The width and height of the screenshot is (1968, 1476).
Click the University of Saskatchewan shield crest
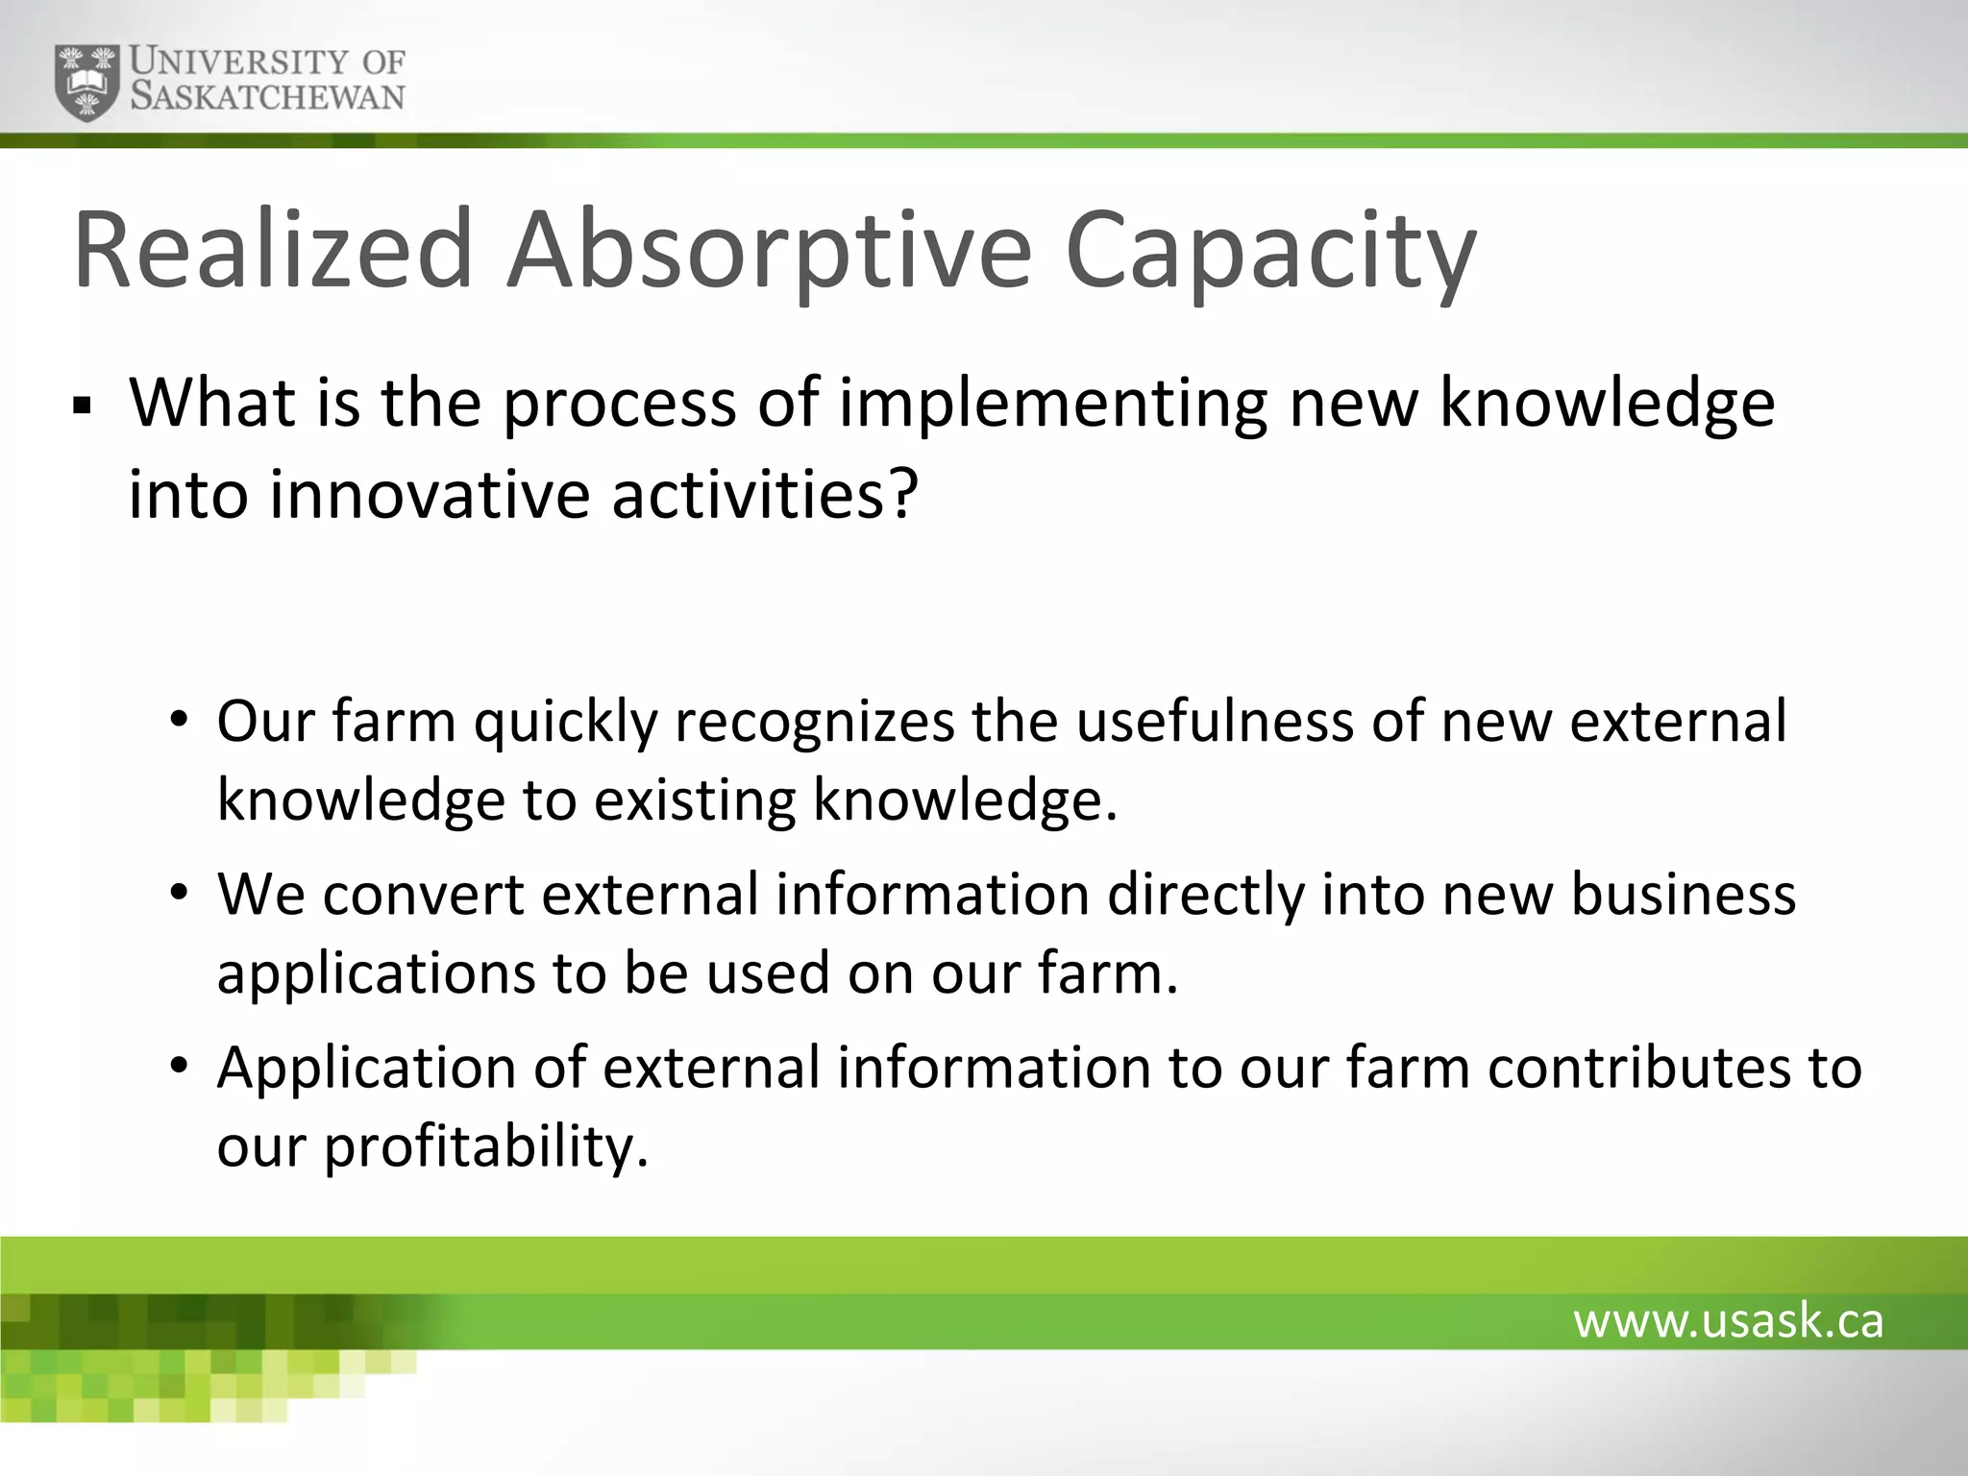[88, 83]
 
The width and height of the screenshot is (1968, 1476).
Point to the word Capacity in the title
[1269, 252]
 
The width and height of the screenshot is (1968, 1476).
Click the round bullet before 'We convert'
[178, 893]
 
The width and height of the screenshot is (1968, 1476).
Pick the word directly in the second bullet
[1206, 895]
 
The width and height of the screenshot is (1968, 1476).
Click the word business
[1683, 895]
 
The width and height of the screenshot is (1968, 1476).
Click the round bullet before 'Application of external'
[178, 1066]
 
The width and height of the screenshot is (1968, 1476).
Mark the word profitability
[485, 1146]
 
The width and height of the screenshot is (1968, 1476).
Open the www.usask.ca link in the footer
[1728, 1321]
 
